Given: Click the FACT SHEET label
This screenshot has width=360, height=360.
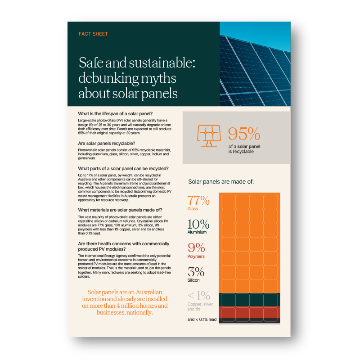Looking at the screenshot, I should pos(93,34).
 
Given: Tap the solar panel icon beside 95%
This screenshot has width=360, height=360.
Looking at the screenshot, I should pos(209,135).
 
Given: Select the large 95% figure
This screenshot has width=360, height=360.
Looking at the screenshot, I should pos(243,135).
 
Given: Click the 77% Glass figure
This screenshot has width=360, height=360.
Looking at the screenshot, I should pos(198,200).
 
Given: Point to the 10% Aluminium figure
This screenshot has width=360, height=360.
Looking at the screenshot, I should pos(198,224).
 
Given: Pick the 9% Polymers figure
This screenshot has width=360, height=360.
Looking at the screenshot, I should pos(196,247).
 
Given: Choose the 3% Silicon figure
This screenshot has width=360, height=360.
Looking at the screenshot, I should pos(196,272).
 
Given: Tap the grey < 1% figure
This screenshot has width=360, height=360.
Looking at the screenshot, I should pos(198,296).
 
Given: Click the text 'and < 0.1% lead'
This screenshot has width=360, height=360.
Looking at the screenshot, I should pos(202,319).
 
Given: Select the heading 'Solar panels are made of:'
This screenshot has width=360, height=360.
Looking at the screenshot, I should pos(221,182).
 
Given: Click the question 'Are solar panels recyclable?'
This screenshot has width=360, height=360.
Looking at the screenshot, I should pos(106,143).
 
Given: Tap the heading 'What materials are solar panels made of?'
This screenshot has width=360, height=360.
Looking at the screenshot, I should pos(120,210).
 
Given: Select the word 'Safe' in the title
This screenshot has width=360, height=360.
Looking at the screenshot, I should pos(90,62).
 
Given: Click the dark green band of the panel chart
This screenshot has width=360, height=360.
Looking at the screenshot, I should pos(249,299).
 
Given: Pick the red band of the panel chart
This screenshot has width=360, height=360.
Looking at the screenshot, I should pos(249,312).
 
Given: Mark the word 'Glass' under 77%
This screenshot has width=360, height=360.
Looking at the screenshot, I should pos(193,209).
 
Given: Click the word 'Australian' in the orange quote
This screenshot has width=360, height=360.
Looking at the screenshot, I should pos(142,292).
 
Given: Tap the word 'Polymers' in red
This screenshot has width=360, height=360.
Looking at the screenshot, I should pos(196,256).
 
